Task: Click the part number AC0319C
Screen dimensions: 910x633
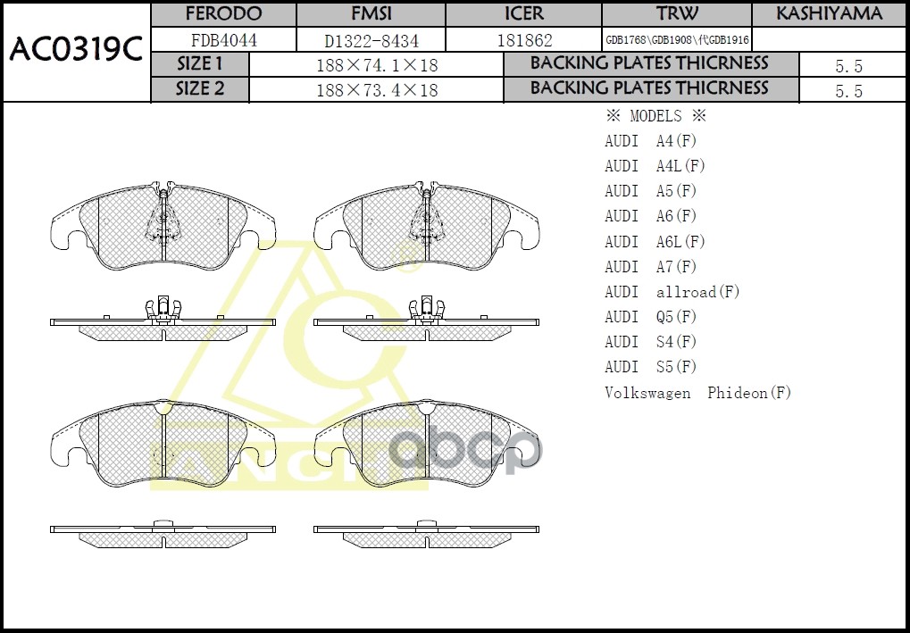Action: click(x=76, y=52)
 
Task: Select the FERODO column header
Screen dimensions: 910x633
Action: click(x=223, y=14)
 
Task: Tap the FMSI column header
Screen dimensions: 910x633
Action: click(x=371, y=14)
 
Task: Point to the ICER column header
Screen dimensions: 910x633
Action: click(x=523, y=14)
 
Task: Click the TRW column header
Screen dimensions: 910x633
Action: click(x=677, y=14)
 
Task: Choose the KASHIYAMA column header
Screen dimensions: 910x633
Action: click(x=829, y=14)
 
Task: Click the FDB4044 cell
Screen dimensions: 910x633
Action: click(x=223, y=40)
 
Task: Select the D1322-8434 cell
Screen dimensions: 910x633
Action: click(x=371, y=40)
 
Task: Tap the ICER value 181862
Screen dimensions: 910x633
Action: click(x=524, y=40)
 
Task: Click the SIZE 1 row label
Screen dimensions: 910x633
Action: click(x=200, y=64)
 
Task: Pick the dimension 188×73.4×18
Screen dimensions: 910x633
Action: click(x=377, y=90)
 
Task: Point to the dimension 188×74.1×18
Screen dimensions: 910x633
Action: click(x=377, y=65)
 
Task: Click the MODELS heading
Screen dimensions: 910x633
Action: click(x=655, y=116)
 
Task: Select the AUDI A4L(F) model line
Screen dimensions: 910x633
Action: click(x=655, y=166)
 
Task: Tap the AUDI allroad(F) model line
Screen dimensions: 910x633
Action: click(x=672, y=292)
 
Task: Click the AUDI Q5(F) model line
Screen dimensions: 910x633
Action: click(x=650, y=317)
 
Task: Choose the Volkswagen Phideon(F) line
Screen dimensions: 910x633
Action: click(x=697, y=393)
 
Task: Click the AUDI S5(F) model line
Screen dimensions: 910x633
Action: click(x=650, y=367)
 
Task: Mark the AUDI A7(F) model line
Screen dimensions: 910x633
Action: click(x=650, y=267)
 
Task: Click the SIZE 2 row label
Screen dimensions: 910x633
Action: click(x=200, y=89)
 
